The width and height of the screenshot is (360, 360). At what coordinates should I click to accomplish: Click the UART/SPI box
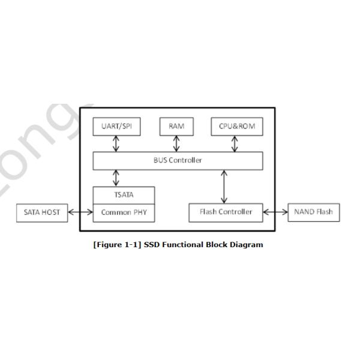pos(116,127)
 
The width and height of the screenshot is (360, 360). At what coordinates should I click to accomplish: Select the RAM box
pos(176,127)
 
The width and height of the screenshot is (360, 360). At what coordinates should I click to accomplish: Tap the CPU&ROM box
pos(236,127)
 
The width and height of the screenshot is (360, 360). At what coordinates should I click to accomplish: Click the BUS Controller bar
pos(178,160)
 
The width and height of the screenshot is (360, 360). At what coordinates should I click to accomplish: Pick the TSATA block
pos(124,195)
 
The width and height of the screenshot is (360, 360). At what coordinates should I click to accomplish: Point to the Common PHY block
pos(124,212)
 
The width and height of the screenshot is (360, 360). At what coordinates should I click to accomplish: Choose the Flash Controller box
pos(226,212)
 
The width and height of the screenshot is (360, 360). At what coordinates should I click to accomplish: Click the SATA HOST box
pos(42,212)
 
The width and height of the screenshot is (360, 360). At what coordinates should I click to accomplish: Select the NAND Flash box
pos(313,212)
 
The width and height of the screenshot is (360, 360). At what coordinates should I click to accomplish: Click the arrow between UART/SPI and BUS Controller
pos(116,143)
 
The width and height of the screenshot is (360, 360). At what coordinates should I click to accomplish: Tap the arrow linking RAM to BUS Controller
pos(176,143)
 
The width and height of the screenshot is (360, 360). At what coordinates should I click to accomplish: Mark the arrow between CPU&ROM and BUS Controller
pos(235,143)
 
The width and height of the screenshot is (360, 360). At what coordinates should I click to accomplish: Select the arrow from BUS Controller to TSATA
pos(116,178)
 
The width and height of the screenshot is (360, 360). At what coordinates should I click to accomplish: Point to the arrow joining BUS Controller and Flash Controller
pos(224,187)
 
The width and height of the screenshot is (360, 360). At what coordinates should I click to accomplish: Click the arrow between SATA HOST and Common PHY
pos(80,212)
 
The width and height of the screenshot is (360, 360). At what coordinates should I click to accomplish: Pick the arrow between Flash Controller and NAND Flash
pos(275,212)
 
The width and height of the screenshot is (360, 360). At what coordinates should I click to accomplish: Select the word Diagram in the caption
pos(248,245)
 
